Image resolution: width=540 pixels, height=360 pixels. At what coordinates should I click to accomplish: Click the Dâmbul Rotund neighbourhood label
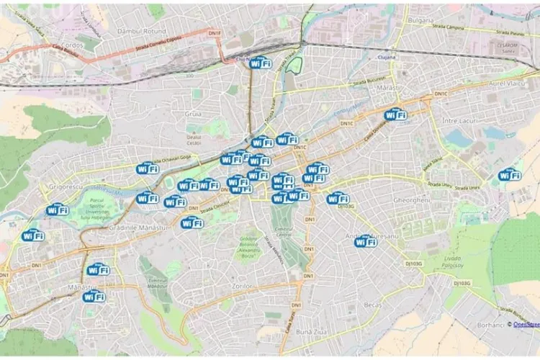coord(141,32)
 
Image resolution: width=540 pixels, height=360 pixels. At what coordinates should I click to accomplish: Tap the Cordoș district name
coord(73,45)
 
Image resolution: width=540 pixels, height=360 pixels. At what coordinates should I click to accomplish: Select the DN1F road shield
coord(215,32)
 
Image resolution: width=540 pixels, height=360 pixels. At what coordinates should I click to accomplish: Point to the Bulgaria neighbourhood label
coord(420,20)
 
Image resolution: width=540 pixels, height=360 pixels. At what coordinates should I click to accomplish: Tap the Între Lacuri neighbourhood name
coord(460,120)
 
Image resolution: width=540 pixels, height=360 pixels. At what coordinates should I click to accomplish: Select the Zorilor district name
coord(243,287)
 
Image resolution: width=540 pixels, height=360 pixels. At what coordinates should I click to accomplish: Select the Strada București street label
coord(370,81)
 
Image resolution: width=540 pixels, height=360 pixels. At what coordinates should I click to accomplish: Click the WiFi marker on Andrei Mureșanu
coord(366,241)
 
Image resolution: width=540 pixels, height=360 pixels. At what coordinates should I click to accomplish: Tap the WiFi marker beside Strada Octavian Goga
coord(147,168)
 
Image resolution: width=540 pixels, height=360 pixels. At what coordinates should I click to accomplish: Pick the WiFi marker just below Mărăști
coord(395,114)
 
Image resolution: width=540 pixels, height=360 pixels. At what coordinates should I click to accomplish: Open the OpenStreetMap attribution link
coord(526,325)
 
